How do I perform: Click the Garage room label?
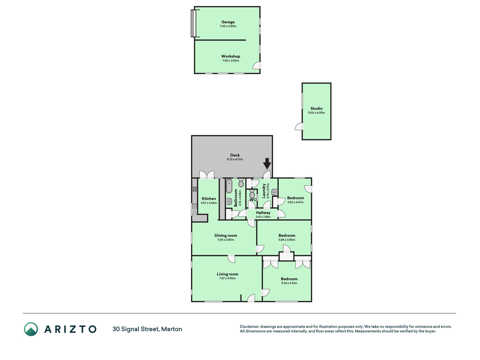228,22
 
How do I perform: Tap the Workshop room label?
231,56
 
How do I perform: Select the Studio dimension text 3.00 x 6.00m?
316,113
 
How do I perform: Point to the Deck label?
235,155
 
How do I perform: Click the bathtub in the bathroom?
229,186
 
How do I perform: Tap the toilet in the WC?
252,194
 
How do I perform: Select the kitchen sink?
195,209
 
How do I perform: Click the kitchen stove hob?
195,189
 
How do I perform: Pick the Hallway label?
263,213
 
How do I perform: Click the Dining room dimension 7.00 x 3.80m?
226,240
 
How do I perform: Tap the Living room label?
227,274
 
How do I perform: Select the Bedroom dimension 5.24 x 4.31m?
289,283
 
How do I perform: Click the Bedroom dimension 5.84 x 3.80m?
287,240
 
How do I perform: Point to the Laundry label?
264,191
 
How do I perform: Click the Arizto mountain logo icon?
31,329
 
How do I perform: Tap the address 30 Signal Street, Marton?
147,329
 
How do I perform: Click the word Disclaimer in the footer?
249,327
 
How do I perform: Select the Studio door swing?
299,126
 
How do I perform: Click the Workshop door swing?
257,66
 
